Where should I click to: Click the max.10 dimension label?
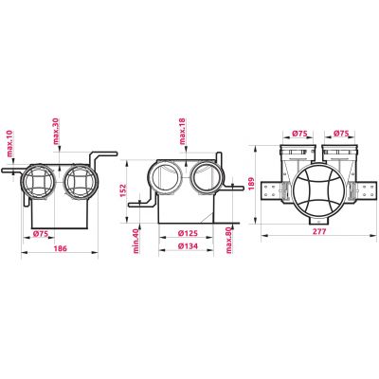pos(10,144)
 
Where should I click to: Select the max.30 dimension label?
pos(56,131)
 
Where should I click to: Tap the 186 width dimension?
pos(60,248)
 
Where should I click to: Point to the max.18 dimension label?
pos(183,131)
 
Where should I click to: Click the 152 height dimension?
pos(123,190)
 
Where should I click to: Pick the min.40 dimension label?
pos(136,241)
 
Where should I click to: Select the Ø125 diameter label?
pos(188,233)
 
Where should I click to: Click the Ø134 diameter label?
pos(188,246)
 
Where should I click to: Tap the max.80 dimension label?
pos(228,240)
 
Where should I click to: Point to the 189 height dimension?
pos(251,184)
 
